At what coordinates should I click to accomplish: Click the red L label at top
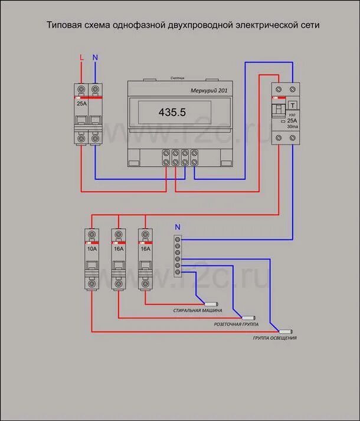click(x=82, y=58)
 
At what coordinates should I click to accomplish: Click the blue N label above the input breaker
click(x=95, y=58)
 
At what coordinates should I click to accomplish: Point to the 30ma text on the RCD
click(x=292, y=127)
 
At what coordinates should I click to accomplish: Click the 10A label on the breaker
click(x=91, y=249)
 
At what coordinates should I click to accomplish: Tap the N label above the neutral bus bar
click(x=178, y=226)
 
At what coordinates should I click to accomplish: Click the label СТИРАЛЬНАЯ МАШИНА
click(x=197, y=310)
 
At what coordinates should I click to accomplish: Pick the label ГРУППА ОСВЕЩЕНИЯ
click(x=275, y=338)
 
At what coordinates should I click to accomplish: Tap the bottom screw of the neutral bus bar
click(x=178, y=272)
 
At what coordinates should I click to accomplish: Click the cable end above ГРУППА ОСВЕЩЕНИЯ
click(x=287, y=330)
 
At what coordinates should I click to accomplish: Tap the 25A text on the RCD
click(x=292, y=120)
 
